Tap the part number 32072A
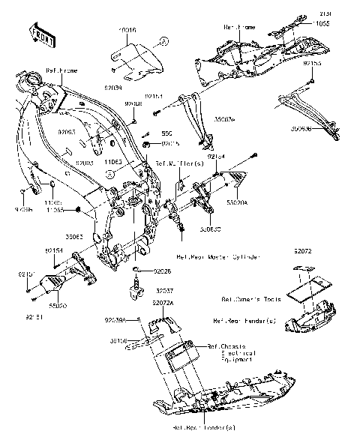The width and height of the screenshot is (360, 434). (x=163, y=303)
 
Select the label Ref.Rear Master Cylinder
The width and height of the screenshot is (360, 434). (x=218, y=256)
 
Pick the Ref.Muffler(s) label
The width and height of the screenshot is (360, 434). (x=175, y=163)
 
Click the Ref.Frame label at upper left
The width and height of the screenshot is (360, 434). (x=62, y=70)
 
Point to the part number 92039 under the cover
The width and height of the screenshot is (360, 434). (x=113, y=88)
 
